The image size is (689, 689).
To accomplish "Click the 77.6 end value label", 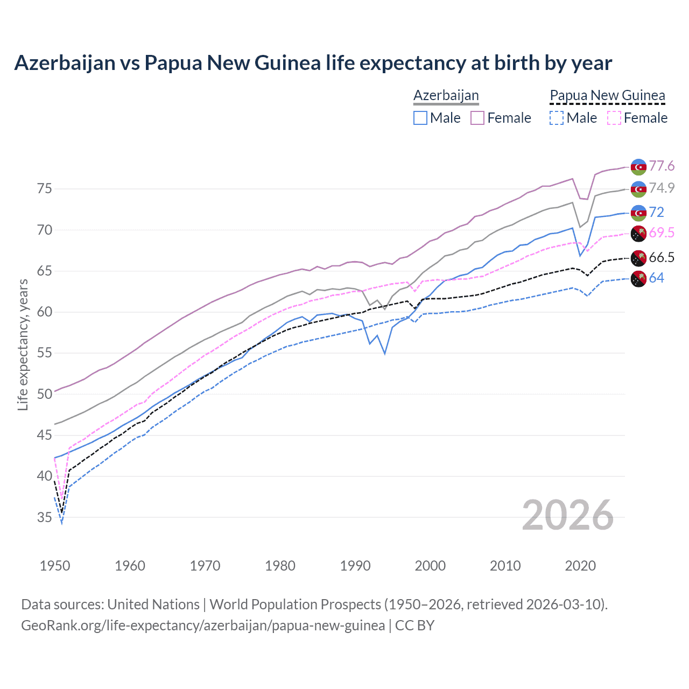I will pos(662,166).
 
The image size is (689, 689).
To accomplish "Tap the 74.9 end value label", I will pos(662,188).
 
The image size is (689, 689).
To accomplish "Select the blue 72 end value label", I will pos(656,212).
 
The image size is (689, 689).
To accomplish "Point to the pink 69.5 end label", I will pos(662,233).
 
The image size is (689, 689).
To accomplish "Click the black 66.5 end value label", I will pos(662,257).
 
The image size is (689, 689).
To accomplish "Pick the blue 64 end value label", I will pos(656,278).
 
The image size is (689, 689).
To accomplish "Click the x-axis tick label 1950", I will pos(55,566).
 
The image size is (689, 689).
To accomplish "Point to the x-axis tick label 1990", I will pos(355,566).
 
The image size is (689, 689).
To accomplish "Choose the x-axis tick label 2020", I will pos(580,566).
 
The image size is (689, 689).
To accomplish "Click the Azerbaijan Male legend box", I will pos(420,118).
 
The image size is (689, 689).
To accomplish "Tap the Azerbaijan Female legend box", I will pos(477,118).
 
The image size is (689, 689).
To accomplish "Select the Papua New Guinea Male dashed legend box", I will pos(557,118).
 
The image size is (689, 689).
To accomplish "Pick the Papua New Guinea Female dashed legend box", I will pos(614,118).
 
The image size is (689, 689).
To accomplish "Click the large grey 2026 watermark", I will pos(568,515).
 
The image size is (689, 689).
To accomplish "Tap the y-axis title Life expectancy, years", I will pos(23,344).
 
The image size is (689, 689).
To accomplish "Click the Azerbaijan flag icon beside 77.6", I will pos(638,167).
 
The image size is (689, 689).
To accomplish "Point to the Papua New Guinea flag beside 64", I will pos(638,279).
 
